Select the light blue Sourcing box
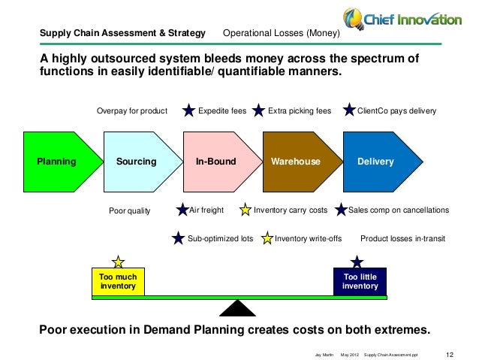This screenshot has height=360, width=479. pyautogui.click(x=136, y=162)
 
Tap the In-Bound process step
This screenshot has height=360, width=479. pyautogui.click(x=216, y=162)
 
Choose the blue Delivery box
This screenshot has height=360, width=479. pyautogui.click(x=375, y=162)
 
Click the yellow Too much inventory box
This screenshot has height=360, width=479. pyautogui.click(x=118, y=282)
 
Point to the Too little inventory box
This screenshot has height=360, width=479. pyautogui.click(x=360, y=282)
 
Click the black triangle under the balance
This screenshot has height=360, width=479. pyautogui.click(x=239, y=309)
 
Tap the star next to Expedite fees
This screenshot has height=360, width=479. pyautogui.click(x=190, y=111)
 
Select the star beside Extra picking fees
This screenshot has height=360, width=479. pyautogui.click(x=259, y=111)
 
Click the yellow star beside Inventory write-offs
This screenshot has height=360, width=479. pyautogui.click(x=267, y=239)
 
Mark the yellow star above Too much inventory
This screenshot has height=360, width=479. pyautogui.click(x=118, y=262)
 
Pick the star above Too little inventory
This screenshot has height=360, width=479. pyautogui.click(x=357, y=262)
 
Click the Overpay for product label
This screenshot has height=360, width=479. pyautogui.click(x=132, y=111)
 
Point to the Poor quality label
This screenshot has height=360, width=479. pyautogui.click(x=130, y=211)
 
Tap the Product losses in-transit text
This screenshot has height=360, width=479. pyautogui.click(x=403, y=239)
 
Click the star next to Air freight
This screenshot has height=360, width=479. pyautogui.click(x=182, y=210)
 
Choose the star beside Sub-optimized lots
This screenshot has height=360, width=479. pyautogui.click(x=178, y=239)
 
